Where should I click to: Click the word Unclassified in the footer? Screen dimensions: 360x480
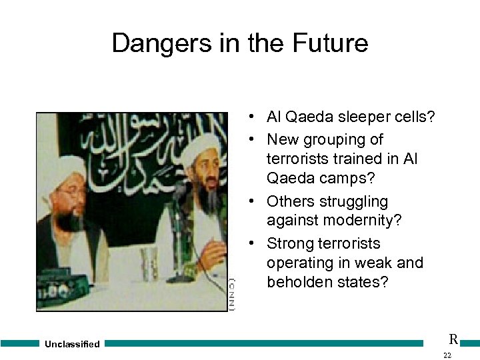point(72,344)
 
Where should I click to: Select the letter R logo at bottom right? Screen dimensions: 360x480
point(453,339)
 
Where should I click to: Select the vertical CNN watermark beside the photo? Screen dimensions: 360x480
point(231,294)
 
